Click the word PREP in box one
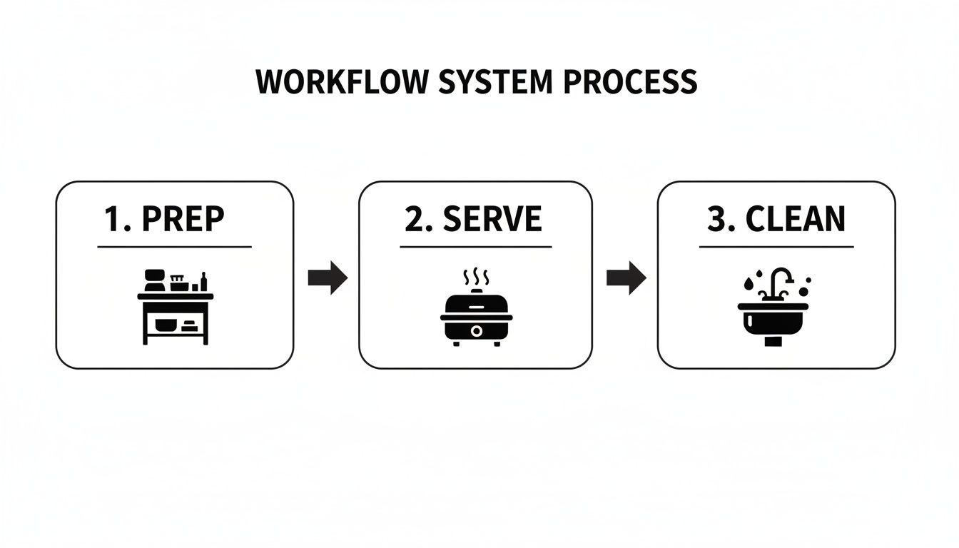click(x=183, y=219)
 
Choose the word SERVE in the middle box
click(x=492, y=219)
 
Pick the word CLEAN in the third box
click(x=796, y=219)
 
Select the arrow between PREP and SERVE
click(x=328, y=278)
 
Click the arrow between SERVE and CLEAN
click(x=626, y=278)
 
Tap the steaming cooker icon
click(x=477, y=314)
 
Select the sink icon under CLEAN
click(x=773, y=314)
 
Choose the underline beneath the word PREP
click(x=175, y=247)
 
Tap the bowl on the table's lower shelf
click(x=166, y=325)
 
